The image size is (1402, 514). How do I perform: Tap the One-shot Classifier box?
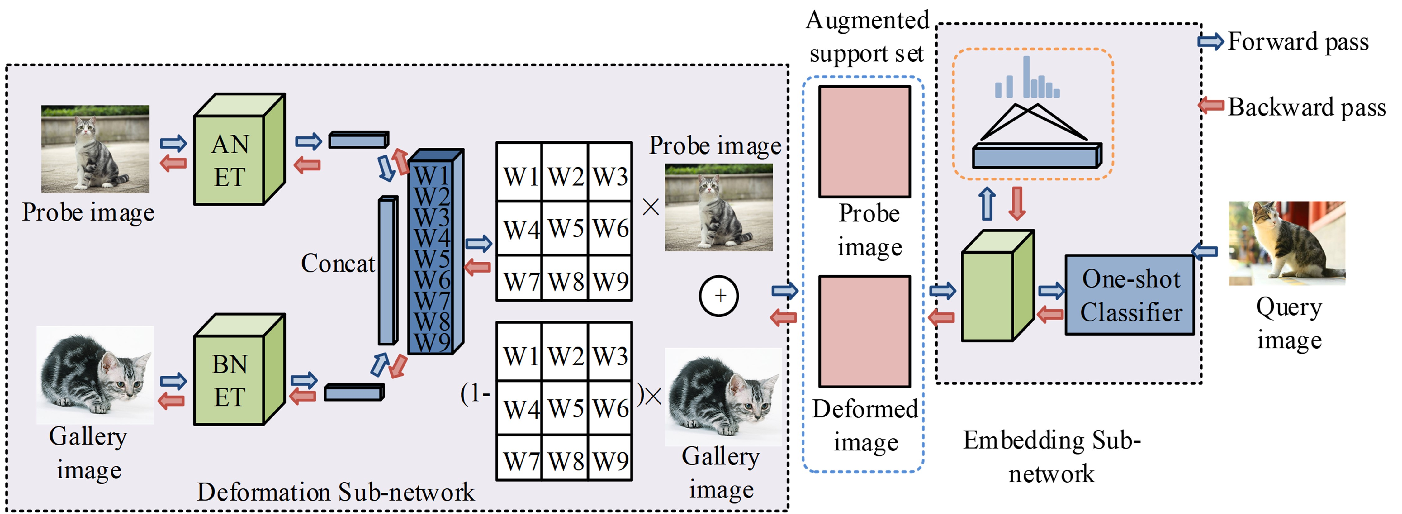[x=1130, y=295]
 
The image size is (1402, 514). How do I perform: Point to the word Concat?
[x=338, y=264]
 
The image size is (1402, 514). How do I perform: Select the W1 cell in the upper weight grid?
[x=520, y=176]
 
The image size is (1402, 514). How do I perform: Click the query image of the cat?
[x=1286, y=243]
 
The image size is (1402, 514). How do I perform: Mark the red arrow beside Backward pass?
[x=1211, y=105]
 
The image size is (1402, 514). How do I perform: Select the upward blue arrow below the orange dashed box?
[x=987, y=204]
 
